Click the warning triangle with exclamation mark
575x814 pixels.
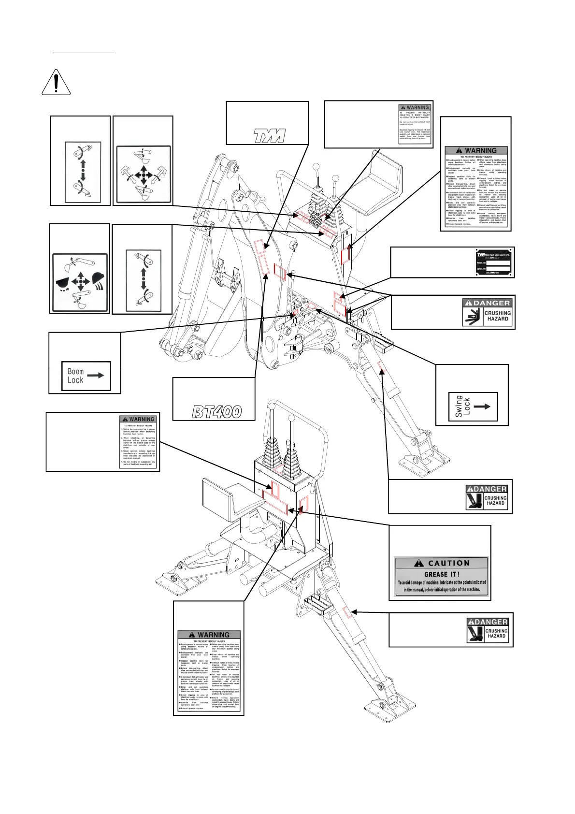coord(56,82)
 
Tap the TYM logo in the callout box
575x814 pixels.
coord(270,136)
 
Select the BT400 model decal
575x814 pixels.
coord(217,412)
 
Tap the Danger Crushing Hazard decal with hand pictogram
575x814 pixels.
coord(488,313)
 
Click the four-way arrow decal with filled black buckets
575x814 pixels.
coord(80,282)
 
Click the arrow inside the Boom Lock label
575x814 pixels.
coord(96,375)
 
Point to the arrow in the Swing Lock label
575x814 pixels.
coord(482,407)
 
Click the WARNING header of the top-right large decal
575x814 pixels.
coord(476,150)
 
